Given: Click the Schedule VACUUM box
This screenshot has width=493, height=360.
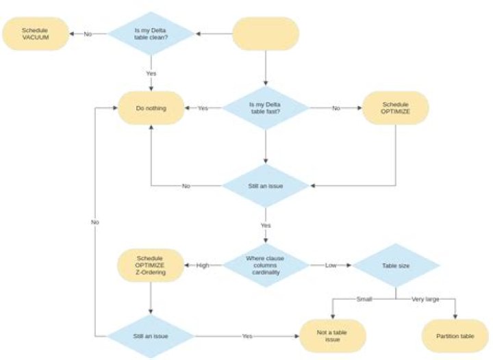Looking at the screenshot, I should click(36, 34).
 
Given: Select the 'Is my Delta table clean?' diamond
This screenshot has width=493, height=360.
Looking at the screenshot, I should click(151, 34).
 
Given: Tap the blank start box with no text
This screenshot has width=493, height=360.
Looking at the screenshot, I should click(266, 34).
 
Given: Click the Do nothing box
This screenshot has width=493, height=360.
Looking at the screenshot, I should click(151, 108).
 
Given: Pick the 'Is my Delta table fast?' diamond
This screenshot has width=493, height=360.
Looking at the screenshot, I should click(266, 108).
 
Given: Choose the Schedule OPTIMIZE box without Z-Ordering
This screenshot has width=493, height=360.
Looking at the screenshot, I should click(395, 108).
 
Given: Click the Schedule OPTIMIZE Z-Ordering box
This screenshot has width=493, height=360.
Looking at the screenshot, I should click(150, 264).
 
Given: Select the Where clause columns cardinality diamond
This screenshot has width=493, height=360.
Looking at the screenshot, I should click(266, 264).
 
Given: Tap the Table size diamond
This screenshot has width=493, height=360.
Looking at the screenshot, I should click(395, 264).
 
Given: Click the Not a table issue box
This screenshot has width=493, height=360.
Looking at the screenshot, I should click(333, 336).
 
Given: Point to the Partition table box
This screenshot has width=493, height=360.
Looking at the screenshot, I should click(455, 336).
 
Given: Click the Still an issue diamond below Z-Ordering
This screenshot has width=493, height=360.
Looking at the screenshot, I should click(151, 336).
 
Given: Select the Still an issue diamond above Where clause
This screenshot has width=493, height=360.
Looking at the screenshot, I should click(266, 185).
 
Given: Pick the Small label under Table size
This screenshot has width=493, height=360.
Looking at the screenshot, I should click(364, 299).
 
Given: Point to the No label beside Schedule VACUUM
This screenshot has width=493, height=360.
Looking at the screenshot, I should click(88, 34).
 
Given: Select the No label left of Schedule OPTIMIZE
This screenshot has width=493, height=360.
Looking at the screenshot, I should click(336, 108).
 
